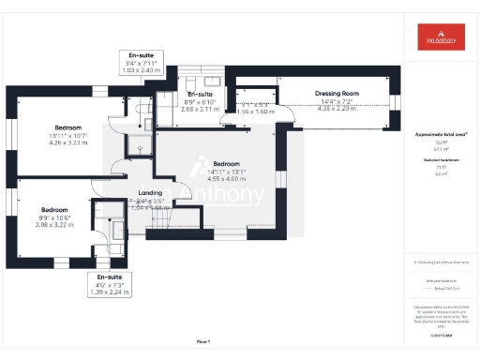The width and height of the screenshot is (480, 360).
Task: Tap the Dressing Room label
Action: (x=337, y=94)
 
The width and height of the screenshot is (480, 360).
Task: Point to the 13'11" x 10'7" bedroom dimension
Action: (x=67, y=135)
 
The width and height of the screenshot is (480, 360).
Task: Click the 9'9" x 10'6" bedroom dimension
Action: (x=53, y=217)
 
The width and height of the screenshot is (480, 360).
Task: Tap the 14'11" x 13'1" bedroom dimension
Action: (x=227, y=171)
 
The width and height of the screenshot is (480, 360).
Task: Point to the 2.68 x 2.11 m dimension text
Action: (x=199, y=109)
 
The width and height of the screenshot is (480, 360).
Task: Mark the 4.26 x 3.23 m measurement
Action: (x=67, y=142)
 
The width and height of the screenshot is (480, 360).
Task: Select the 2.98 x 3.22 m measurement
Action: (x=53, y=225)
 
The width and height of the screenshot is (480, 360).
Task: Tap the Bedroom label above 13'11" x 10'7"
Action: (x=67, y=127)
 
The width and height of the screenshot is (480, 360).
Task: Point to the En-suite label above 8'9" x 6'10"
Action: (x=199, y=95)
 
